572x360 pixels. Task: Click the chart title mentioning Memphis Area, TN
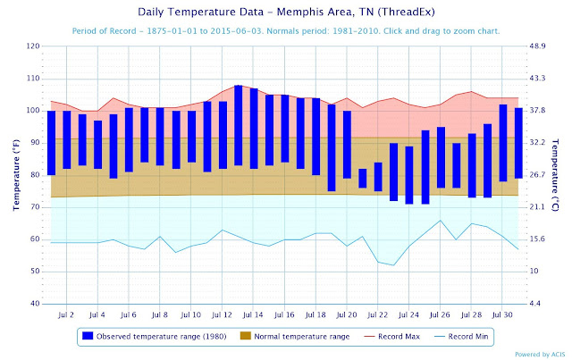(x=286, y=13)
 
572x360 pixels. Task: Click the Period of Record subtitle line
(x=286, y=30)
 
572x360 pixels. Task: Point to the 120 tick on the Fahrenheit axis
(x=34, y=46)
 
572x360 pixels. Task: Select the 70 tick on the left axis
(x=36, y=207)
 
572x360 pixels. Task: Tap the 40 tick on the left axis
(x=36, y=304)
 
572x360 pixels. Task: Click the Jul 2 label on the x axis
(x=67, y=315)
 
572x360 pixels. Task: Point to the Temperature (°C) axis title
(x=560, y=175)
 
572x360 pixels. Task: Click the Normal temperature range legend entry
(x=295, y=336)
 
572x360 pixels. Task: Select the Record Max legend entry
(x=391, y=336)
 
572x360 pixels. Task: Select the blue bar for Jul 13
(x=238, y=125)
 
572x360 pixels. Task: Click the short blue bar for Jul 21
(x=363, y=178)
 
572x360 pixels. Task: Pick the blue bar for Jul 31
(x=518, y=143)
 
